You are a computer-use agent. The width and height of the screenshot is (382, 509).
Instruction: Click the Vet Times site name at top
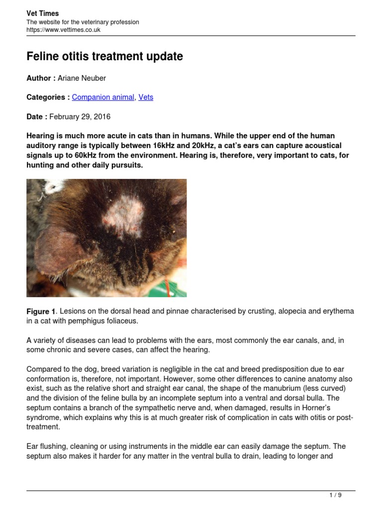tap(42, 13)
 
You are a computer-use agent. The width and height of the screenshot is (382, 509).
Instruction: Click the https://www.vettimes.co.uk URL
tap(63, 30)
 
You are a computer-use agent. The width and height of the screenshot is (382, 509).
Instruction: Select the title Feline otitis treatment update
tap(104, 57)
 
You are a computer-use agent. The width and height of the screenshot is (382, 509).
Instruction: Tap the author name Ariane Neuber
tap(82, 78)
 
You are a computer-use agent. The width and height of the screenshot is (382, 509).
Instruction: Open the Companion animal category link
tap(103, 97)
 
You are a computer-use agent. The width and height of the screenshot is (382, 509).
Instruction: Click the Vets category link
tap(146, 97)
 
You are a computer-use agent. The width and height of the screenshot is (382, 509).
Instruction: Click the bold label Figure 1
tap(41, 312)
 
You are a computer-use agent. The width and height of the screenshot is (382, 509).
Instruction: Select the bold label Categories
tap(46, 97)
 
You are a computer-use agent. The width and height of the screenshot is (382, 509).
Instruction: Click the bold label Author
tap(39, 78)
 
